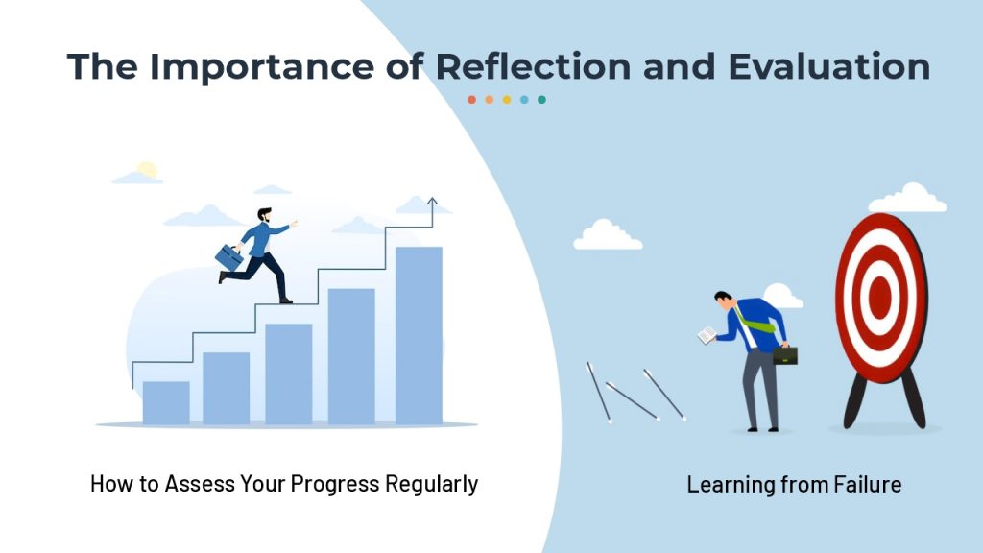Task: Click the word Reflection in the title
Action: click(533, 66)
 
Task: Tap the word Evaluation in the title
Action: click(828, 66)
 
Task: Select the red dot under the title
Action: click(471, 100)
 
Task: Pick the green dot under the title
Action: click(541, 100)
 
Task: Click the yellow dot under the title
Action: click(507, 100)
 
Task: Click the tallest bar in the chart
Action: click(419, 335)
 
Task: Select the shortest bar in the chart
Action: click(166, 402)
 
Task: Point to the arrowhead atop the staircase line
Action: click(432, 202)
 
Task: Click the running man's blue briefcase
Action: click(228, 257)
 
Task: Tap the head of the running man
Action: click(265, 215)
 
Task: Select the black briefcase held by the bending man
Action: click(785, 355)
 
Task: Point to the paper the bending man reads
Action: click(707, 335)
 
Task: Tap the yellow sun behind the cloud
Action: click(147, 169)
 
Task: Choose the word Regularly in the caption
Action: click(431, 484)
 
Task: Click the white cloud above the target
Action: click(907, 198)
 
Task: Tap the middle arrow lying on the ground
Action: click(633, 401)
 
